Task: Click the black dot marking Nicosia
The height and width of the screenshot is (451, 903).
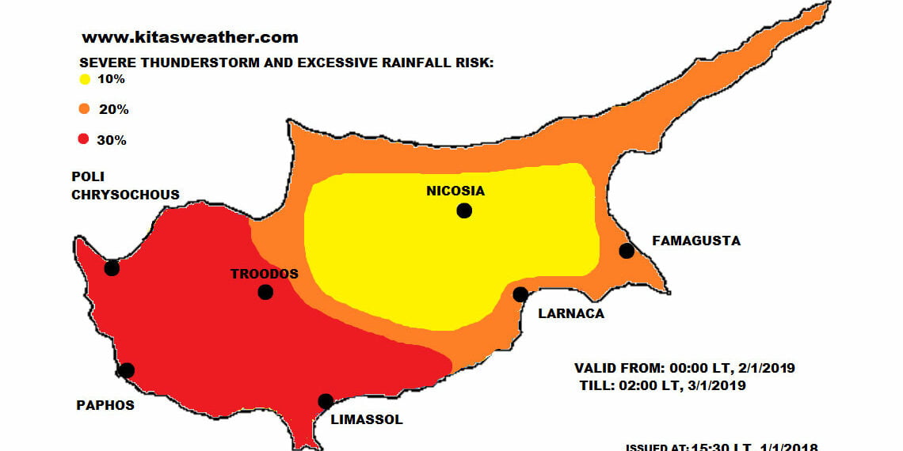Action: click(x=464, y=210)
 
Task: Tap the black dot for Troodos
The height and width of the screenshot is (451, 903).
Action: click(x=265, y=292)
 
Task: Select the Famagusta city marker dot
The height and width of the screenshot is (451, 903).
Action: click(x=627, y=251)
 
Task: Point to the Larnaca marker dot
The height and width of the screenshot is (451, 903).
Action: click(x=520, y=294)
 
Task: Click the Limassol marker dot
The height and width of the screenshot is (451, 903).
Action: click(x=326, y=401)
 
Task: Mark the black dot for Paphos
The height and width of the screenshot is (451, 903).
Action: click(x=127, y=370)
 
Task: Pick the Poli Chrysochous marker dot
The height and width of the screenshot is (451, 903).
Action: click(x=112, y=267)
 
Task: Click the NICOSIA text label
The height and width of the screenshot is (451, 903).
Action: click(x=455, y=191)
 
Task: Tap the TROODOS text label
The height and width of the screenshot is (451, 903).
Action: click(x=265, y=274)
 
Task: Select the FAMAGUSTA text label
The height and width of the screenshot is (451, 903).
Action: click(x=695, y=241)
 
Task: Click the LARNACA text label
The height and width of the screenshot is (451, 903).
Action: click(x=570, y=313)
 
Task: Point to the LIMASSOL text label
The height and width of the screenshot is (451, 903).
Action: click(x=366, y=419)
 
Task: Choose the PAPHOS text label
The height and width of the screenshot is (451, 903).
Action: click(x=105, y=405)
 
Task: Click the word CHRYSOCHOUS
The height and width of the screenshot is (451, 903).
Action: click(x=125, y=195)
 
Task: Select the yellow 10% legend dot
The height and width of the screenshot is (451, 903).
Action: click(x=84, y=79)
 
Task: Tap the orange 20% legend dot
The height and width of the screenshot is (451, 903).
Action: click(x=84, y=109)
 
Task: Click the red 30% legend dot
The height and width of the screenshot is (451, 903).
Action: click(x=84, y=140)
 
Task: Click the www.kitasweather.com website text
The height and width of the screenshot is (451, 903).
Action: click(x=190, y=37)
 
